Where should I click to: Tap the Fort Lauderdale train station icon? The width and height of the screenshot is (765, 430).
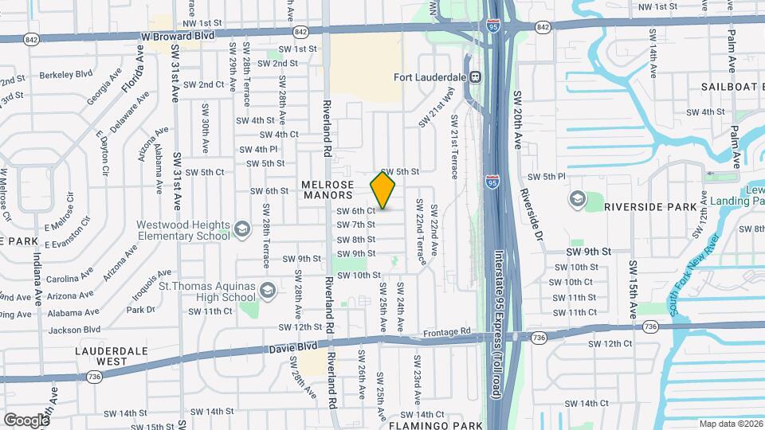475,77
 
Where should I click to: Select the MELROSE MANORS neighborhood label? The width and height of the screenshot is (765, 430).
327,190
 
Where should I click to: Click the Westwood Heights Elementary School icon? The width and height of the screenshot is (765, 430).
239,230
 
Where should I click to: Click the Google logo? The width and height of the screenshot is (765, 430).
25,420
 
